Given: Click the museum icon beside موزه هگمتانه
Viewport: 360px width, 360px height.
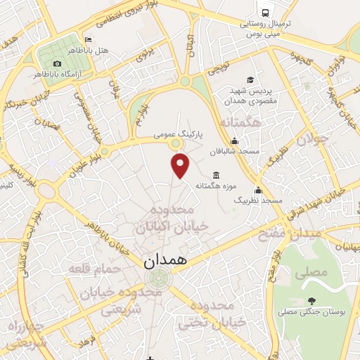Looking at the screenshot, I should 215,174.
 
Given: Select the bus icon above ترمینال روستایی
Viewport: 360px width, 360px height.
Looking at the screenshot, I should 265,13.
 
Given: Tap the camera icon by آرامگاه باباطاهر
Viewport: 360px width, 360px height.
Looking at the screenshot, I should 57,63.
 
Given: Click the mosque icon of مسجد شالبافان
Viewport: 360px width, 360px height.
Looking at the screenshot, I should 234,141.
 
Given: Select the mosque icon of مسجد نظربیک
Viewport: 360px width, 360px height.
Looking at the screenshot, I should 258,190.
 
